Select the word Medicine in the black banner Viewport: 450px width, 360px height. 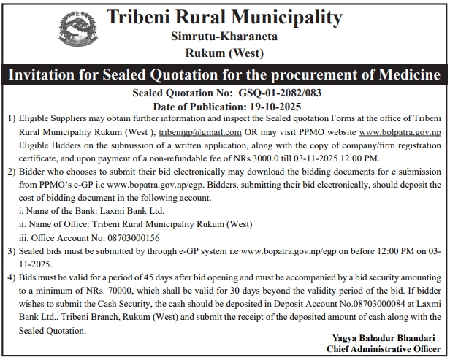pos(404,75)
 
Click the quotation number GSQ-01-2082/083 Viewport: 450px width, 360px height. pos(270,93)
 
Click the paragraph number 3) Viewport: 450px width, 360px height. pos(11,250)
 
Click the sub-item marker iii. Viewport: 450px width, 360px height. pos(23,237)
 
